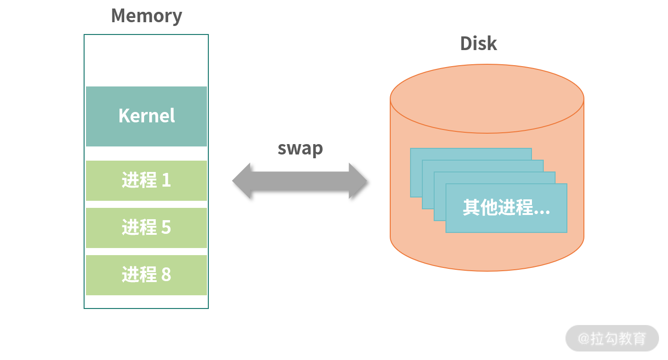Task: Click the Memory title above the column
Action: tap(146, 16)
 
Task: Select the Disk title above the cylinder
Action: tap(479, 43)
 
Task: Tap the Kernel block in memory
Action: tap(146, 116)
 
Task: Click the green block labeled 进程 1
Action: tap(146, 180)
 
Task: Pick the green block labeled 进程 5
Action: tap(146, 228)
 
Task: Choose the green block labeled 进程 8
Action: tap(146, 275)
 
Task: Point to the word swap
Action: tap(300, 148)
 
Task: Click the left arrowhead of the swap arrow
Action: tap(242, 180)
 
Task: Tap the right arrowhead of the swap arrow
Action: tap(358, 180)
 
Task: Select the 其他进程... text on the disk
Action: tap(506, 208)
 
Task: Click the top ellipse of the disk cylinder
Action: tap(487, 98)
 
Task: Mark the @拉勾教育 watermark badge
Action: tap(612, 338)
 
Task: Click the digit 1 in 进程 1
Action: tap(166, 180)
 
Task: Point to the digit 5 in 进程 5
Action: tap(166, 228)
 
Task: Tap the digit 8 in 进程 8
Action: tap(166, 275)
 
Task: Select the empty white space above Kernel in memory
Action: tap(146, 60)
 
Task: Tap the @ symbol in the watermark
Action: tap(584, 339)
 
